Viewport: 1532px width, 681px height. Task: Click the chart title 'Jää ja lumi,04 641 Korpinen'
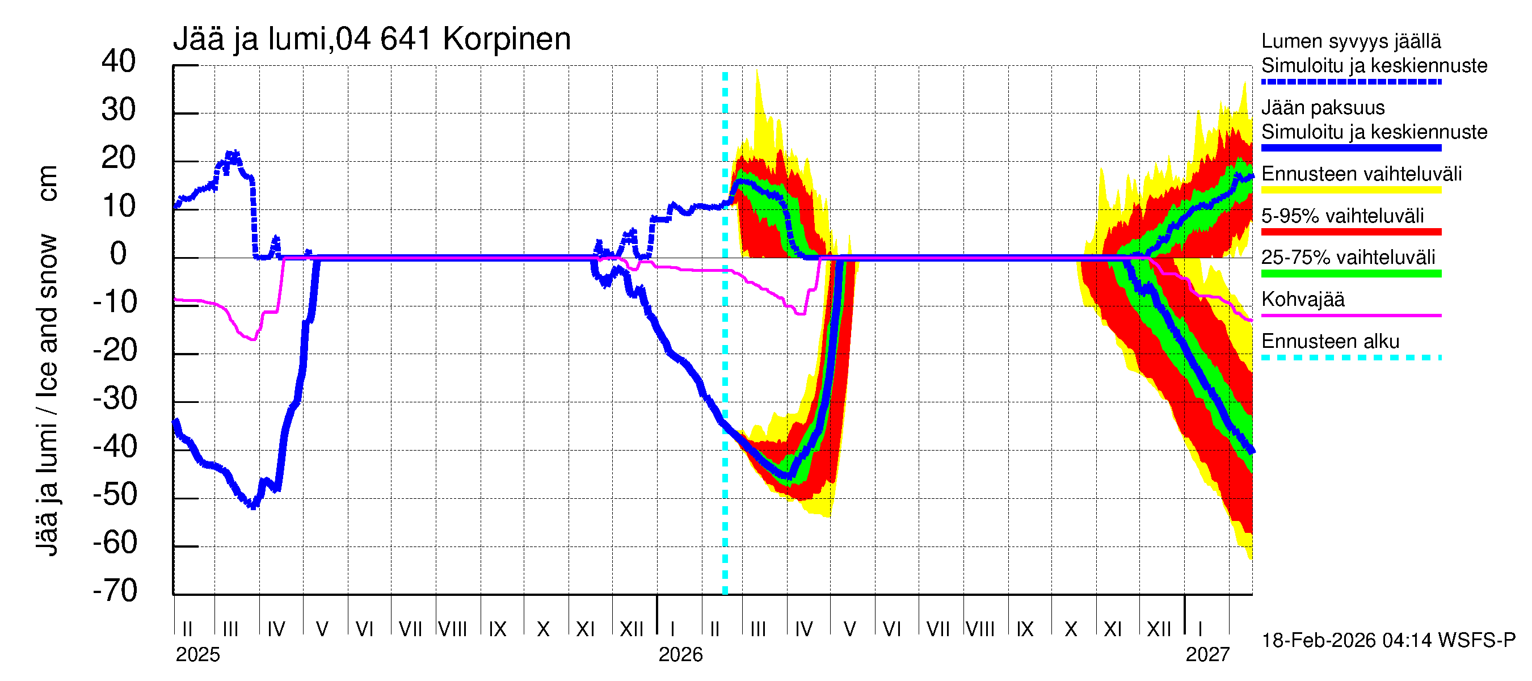[x=372, y=39]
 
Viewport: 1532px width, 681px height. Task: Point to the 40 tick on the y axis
[x=119, y=61]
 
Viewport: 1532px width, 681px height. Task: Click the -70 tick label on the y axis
[x=115, y=591]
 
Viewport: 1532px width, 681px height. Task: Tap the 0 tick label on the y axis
[x=119, y=254]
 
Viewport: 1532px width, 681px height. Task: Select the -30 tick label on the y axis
[x=115, y=398]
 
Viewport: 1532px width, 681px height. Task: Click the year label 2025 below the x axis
[x=197, y=655]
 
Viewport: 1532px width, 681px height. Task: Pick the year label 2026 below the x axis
[x=680, y=655]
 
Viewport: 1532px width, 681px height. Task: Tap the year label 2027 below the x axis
[x=1207, y=655]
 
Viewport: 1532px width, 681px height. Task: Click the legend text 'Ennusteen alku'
[x=1331, y=342]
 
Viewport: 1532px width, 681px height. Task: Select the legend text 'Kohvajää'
[x=1303, y=299]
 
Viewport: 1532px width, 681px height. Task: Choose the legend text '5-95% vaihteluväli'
[x=1343, y=216]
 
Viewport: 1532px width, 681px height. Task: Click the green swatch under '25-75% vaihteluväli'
[x=1351, y=274]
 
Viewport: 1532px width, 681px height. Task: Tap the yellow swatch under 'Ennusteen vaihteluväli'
[x=1351, y=190]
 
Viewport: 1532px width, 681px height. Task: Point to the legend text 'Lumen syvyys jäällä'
[x=1351, y=41]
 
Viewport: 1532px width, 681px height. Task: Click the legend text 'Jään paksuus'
[x=1323, y=108]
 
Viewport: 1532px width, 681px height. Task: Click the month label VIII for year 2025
[x=453, y=629]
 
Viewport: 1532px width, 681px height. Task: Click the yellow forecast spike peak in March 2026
[x=757, y=71]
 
